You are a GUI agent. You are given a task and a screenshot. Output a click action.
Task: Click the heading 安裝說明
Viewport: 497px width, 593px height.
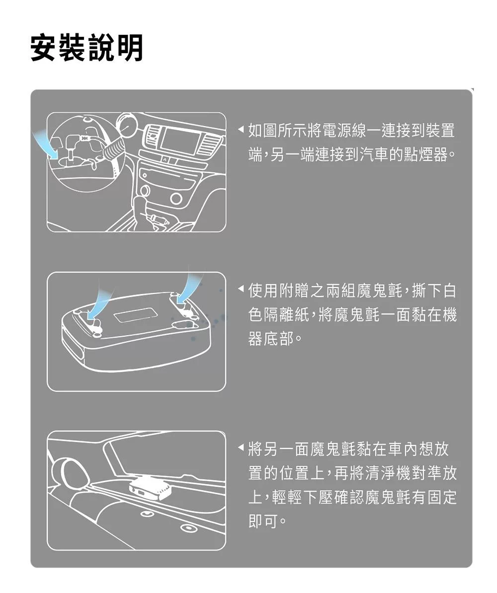pyautogui.click(x=86, y=48)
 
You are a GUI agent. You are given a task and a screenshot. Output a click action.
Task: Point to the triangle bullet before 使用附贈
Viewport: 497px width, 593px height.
pyautogui.click(x=241, y=291)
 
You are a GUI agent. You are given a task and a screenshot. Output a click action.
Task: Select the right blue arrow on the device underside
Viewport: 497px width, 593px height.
pyautogui.click(x=188, y=286)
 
